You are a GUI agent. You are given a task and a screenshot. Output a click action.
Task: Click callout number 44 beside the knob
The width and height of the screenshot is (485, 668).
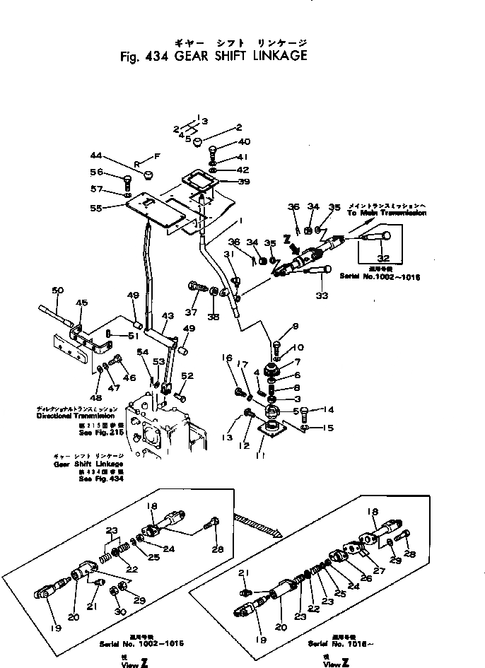pos(96,155)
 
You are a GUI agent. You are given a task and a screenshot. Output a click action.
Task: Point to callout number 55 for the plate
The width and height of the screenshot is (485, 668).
pos(96,208)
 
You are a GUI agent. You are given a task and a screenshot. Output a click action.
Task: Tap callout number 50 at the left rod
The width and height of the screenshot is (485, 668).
pos(59,290)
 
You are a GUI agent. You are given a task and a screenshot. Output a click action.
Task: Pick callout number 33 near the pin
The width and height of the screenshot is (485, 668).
pos(322,295)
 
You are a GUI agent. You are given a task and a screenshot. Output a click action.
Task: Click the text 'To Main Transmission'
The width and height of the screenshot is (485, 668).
pos(386,212)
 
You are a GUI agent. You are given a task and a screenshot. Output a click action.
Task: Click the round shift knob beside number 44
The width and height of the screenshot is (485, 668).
pos(148,174)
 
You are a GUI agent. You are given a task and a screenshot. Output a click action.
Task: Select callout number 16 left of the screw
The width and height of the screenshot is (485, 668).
pos(228,358)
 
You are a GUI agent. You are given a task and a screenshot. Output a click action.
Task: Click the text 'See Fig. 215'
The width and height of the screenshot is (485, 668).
pos(104,430)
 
